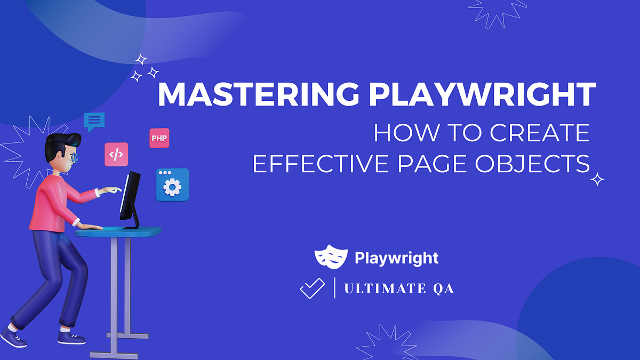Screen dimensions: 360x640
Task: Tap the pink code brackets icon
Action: tap(116, 154)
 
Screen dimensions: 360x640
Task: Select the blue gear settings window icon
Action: tap(172, 185)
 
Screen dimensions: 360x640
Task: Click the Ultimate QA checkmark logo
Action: tap(312, 289)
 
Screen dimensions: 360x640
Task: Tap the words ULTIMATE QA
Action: tap(399, 289)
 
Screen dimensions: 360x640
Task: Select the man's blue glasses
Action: tap(75, 157)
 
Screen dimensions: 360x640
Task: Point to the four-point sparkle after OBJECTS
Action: tap(598, 179)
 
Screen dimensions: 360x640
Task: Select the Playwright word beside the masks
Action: tap(396, 259)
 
